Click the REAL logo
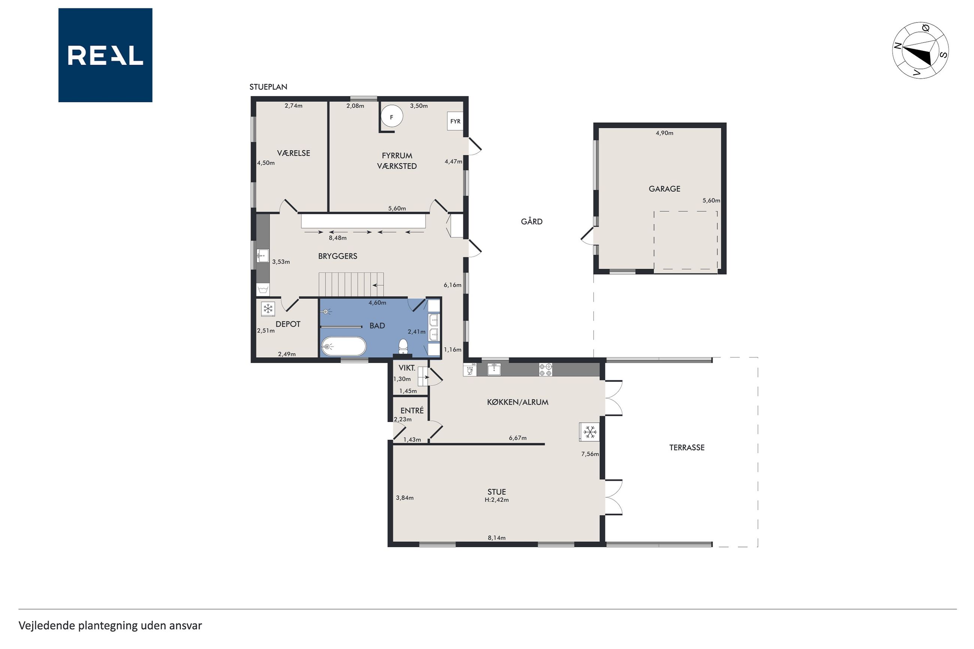tap(105, 55)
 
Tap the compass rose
tap(920, 50)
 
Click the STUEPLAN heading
tap(268, 87)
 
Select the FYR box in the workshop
tap(455, 121)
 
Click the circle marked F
tap(391, 117)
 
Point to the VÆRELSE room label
tap(293, 153)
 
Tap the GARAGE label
tap(664, 189)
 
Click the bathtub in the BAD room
tap(344, 346)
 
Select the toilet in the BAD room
tap(403, 346)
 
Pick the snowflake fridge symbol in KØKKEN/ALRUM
tap(589, 432)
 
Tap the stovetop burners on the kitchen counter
tap(545, 370)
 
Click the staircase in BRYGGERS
tap(351, 285)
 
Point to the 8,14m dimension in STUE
tap(497, 538)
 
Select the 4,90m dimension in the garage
tap(664, 133)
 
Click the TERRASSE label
tap(687, 448)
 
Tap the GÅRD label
tap(532, 221)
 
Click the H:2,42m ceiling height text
tap(497, 500)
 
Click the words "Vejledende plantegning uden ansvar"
tap(110, 625)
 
